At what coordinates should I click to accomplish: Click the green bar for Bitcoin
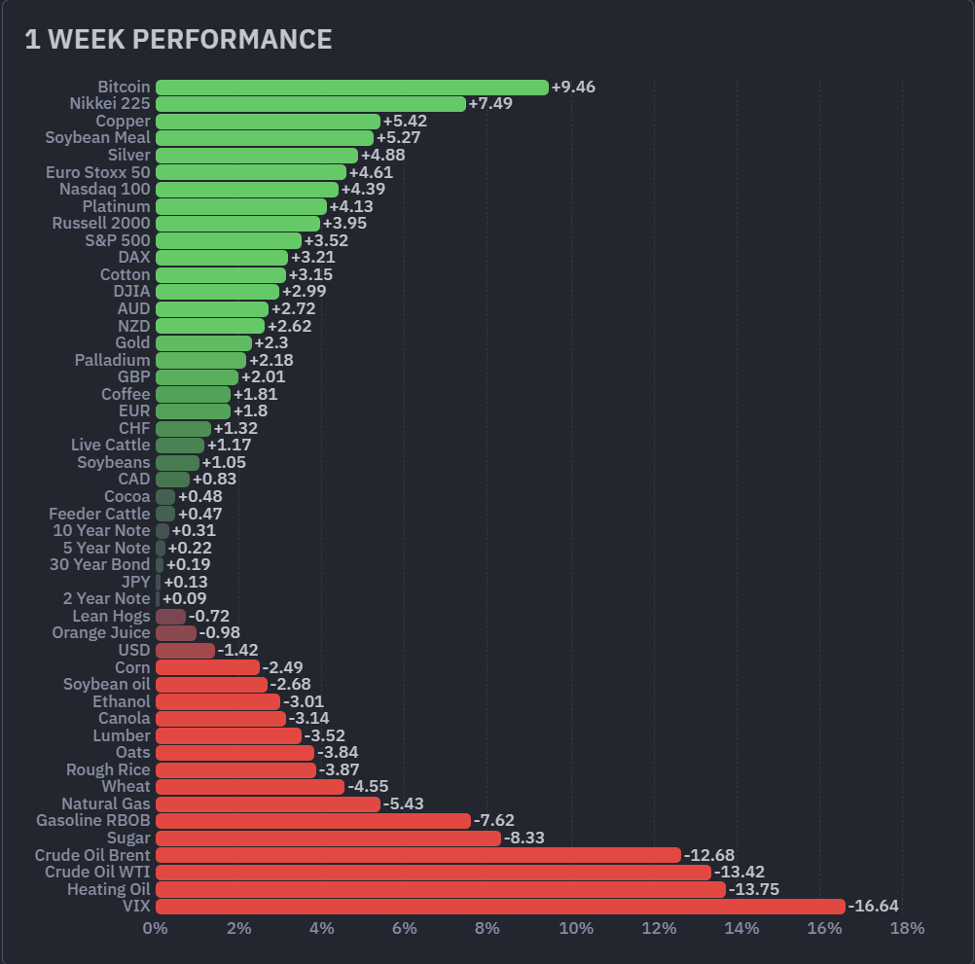click(351, 88)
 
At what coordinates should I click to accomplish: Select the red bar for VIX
click(500, 907)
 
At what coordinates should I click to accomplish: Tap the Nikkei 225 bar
click(310, 104)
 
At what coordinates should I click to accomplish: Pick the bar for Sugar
click(328, 838)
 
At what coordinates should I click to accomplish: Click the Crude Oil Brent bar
click(417, 855)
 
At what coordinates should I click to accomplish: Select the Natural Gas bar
click(268, 803)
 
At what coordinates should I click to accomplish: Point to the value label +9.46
click(573, 88)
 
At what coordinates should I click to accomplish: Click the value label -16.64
click(873, 907)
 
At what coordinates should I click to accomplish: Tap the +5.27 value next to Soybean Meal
click(398, 138)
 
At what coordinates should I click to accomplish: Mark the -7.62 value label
click(493, 821)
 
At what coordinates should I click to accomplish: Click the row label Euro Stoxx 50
click(97, 172)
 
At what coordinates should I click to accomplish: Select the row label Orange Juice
click(101, 633)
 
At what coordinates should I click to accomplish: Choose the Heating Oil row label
click(109, 889)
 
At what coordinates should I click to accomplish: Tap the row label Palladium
click(113, 360)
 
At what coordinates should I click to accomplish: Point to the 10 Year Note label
click(101, 531)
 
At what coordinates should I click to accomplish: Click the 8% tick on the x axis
click(487, 928)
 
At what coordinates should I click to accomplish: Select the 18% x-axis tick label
click(907, 928)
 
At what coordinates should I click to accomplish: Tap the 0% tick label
click(155, 928)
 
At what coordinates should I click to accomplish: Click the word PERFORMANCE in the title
click(232, 39)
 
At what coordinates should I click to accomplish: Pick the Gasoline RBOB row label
click(93, 821)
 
